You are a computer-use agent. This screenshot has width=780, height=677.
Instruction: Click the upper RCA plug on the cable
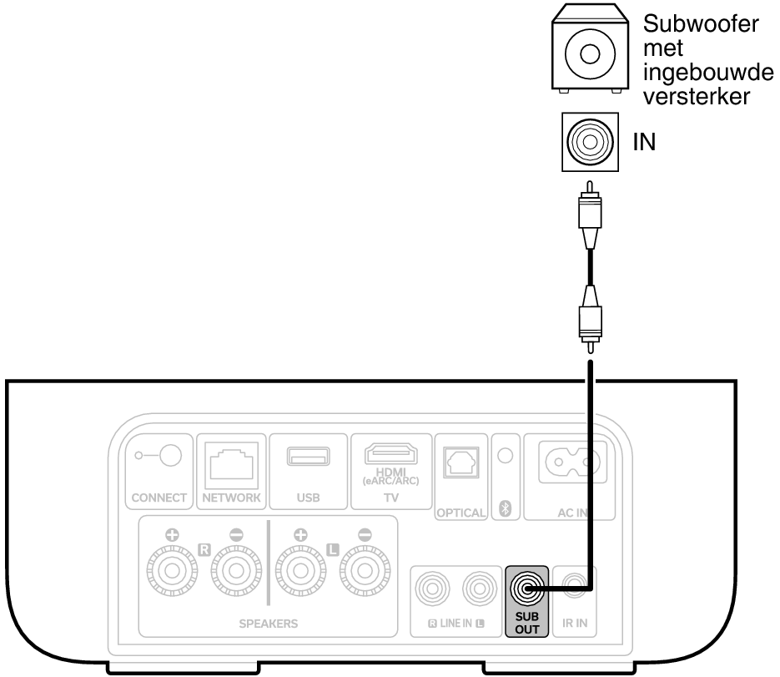[x=590, y=218]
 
